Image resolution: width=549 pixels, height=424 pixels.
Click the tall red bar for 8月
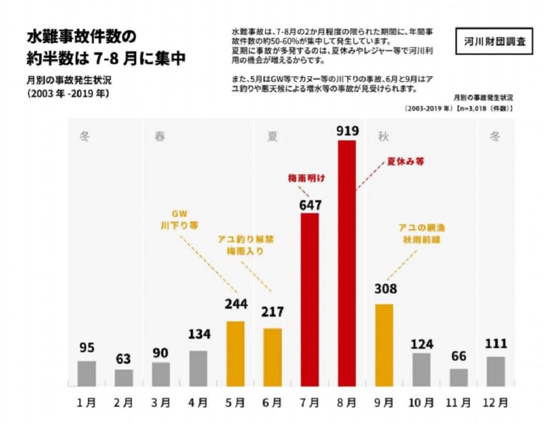[x=347, y=263]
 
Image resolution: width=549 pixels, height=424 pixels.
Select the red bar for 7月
[x=310, y=299]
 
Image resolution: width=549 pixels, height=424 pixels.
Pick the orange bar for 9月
[x=384, y=344]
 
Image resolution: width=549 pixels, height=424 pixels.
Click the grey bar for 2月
[x=124, y=377]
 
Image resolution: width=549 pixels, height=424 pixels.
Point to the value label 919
[x=348, y=131]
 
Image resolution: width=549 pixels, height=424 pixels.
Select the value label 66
[x=458, y=356]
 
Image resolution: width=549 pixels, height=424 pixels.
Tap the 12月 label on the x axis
[x=495, y=402]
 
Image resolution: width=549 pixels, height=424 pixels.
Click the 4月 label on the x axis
[x=198, y=402]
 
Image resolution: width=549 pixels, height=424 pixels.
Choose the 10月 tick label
[x=421, y=402]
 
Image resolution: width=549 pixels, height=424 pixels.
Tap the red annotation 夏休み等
[x=406, y=162]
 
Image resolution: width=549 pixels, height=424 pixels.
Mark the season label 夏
[x=272, y=136]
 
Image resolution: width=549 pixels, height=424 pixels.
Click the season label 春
[x=160, y=136]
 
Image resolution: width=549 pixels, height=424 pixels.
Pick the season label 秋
[x=383, y=136]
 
